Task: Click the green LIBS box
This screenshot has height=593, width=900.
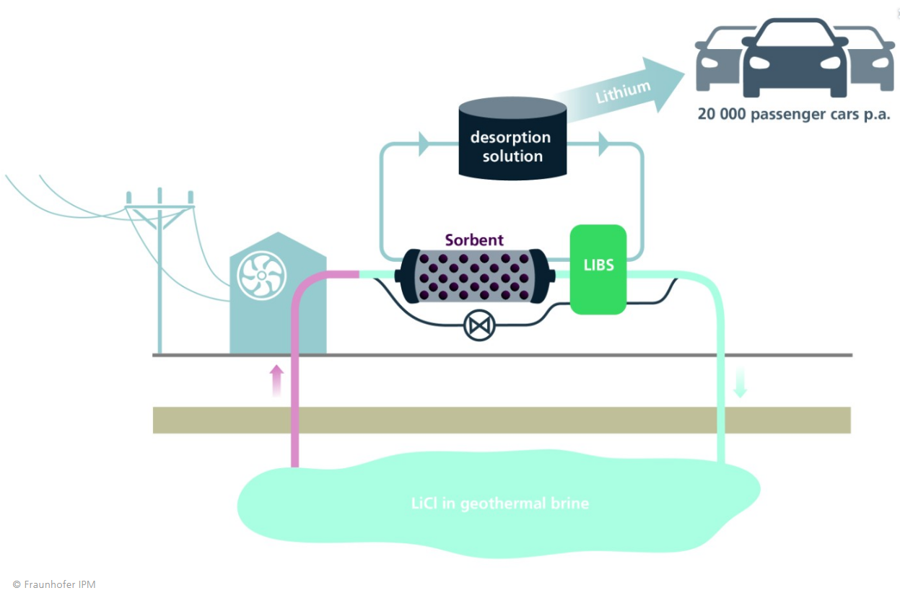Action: point(598,269)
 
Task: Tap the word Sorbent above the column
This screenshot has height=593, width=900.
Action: point(473,240)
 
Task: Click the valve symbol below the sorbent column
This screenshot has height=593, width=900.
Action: point(478,326)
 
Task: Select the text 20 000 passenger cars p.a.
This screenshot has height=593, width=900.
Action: point(794,114)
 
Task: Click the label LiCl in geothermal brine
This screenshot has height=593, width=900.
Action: point(499,503)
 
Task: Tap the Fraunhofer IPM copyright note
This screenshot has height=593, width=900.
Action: point(54,584)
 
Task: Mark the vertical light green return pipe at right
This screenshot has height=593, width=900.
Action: point(720,375)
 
